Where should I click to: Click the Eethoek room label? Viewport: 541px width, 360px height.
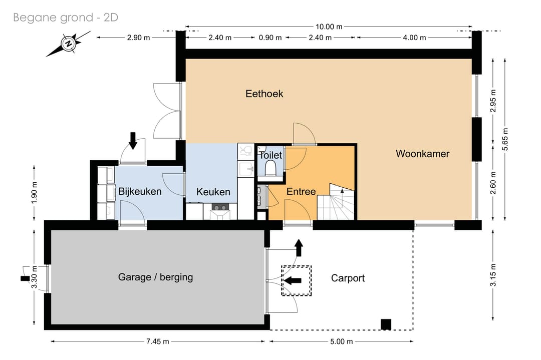[264, 94]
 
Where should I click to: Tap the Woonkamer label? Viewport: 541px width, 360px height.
[422, 154]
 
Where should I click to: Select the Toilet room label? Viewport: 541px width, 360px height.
[270, 155]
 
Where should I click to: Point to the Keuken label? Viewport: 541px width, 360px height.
[213, 192]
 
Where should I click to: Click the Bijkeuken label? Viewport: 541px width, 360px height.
[140, 191]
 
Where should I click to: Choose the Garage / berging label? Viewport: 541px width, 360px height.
[155, 277]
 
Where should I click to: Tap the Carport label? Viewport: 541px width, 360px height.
[348, 278]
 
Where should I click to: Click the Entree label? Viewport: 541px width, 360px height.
[301, 192]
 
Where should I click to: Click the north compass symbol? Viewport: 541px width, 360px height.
[69, 44]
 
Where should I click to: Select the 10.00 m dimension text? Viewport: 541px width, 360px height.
[329, 27]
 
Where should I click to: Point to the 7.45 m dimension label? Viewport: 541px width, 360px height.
[158, 341]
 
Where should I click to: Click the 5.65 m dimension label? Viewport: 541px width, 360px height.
[505, 139]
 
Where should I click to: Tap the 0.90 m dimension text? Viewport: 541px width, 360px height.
[270, 38]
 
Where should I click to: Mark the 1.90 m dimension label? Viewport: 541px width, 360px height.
[34, 192]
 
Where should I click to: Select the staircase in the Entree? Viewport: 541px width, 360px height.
[336, 202]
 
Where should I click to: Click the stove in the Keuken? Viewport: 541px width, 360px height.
[220, 207]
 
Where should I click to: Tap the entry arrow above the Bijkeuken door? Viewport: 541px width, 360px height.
[132, 141]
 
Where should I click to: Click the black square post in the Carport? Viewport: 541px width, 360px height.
[386, 324]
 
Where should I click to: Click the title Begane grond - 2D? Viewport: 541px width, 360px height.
[66, 18]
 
